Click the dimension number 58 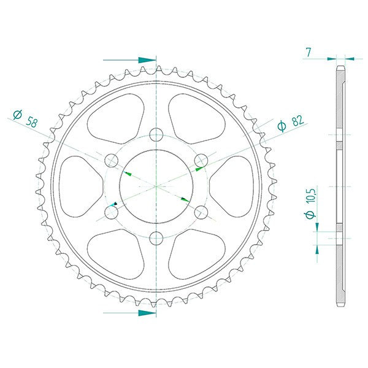31,121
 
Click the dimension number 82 298,121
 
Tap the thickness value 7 309,52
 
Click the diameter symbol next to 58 18,114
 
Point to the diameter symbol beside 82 282,126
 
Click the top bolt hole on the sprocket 156,135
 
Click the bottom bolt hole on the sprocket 156,238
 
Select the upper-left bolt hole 111,161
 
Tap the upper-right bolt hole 201,161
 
